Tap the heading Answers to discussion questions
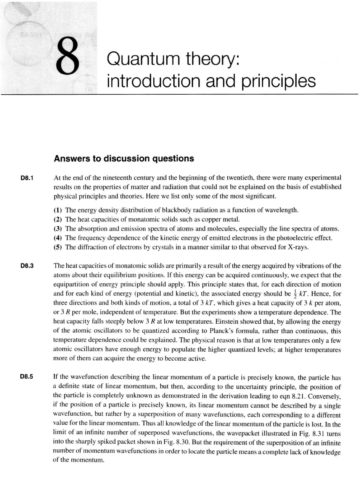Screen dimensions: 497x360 point(124,158)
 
